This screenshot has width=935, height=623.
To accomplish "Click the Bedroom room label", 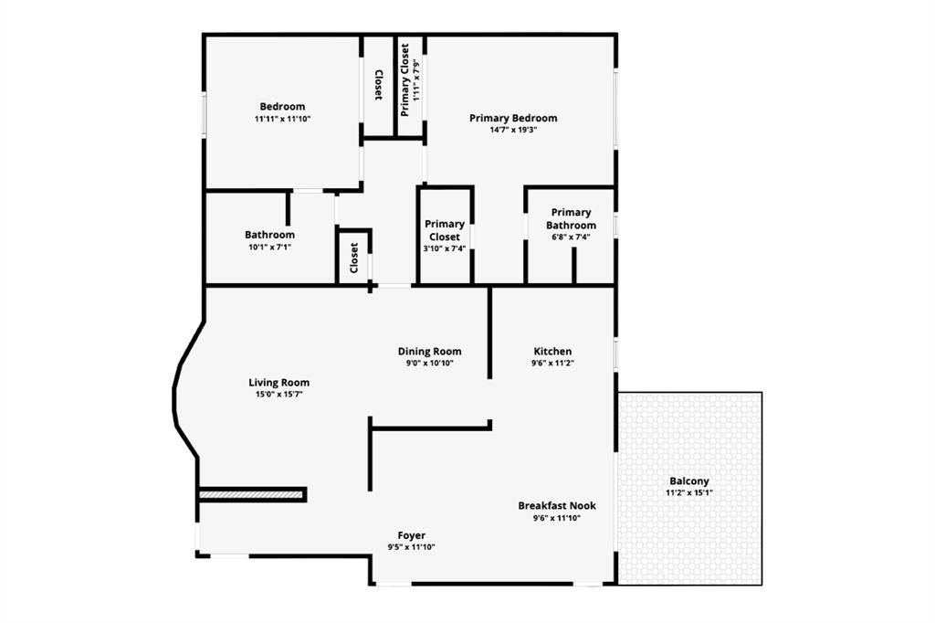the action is (x=282, y=107).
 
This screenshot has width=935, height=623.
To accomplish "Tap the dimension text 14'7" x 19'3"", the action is (x=513, y=130).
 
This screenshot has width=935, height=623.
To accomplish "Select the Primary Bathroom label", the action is (x=571, y=219).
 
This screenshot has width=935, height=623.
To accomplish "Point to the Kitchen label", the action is (x=552, y=352).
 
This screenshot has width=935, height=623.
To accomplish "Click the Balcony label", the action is (x=689, y=481).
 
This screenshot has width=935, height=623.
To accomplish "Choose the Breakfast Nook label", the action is (x=557, y=506).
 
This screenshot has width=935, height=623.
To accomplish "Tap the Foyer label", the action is (x=412, y=535).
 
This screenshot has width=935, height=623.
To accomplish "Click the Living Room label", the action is (x=279, y=383).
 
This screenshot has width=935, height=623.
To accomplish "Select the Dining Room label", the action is (x=429, y=352).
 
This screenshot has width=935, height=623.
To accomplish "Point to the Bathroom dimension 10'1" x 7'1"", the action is (x=269, y=247).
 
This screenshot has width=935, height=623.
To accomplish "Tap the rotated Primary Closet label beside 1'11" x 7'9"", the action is (x=404, y=80).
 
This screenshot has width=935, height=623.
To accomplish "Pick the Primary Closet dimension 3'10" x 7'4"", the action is (x=445, y=248).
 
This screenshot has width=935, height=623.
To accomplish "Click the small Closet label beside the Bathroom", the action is (x=354, y=258).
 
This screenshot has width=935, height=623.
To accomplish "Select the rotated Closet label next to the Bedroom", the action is (x=378, y=85).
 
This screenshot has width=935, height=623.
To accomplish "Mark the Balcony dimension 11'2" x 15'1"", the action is (x=689, y=493).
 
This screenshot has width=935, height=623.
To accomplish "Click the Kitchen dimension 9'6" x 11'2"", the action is (x=552, y=363).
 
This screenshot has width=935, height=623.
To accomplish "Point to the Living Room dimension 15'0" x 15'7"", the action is (x=279, y=395).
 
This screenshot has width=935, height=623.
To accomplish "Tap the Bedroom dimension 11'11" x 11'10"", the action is (x=283, y=119).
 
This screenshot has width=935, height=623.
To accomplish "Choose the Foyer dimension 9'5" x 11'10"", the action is (x=412, y=546).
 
